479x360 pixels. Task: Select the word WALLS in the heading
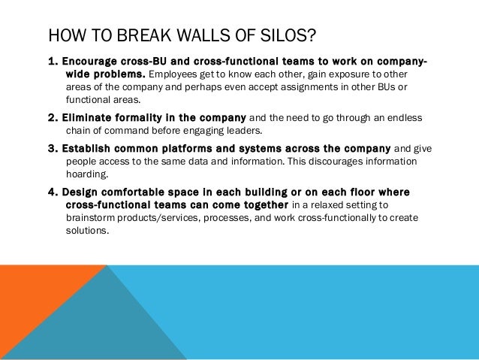click(203, 35)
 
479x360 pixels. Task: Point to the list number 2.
click(52, 118)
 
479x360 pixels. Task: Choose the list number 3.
click(52, 147)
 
